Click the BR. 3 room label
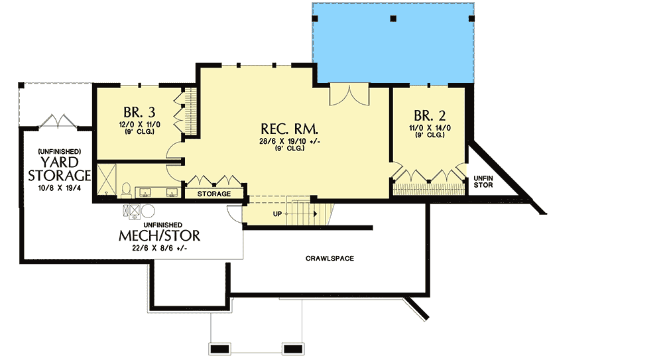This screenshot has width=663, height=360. [139, 113]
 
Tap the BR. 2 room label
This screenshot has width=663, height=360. [430, 115]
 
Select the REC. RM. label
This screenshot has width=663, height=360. [289, 129]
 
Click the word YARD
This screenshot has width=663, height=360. [60, 162]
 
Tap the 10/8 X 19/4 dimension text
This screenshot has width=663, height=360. [59, 188]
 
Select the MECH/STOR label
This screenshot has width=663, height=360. [159, 235]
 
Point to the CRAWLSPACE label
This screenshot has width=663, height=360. [330, 259]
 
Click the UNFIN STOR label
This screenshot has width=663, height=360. [483, 182]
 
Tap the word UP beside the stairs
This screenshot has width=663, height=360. [277, 214]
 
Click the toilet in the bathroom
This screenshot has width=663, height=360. [126, 190]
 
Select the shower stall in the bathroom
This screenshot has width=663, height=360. [107, 180]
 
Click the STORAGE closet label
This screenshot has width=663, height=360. [214, 194]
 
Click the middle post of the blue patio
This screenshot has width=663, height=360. [393, 19]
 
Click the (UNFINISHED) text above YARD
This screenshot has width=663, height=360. [60, 151]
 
